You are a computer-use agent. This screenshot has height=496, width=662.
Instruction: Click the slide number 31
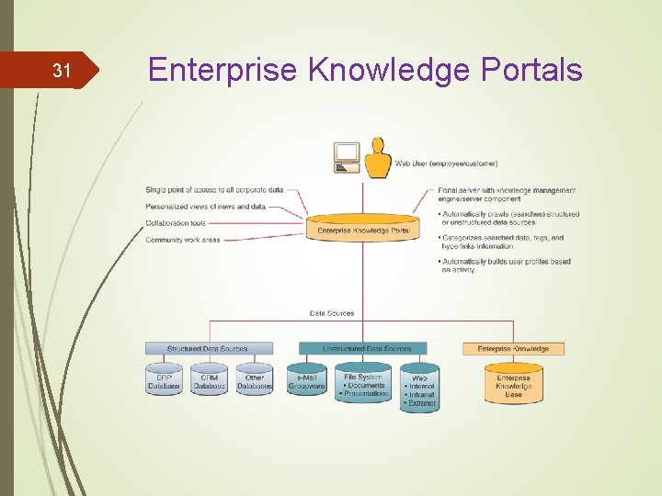tap(62, 71)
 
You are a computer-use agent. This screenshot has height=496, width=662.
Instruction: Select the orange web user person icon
tap(377, 159)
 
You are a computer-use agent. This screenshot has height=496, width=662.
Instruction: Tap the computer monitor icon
tap(347, 157)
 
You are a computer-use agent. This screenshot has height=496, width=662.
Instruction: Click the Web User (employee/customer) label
tap(446, 163)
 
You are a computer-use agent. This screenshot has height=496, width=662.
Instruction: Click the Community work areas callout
tap(182, 240)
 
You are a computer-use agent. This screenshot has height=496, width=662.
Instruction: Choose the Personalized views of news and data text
tap(205, 207)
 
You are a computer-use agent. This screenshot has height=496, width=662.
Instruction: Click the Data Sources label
tap(331, 313)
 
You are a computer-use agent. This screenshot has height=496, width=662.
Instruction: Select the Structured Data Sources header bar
tap(209, 349)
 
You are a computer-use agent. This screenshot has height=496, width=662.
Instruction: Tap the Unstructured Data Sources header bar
tap(361, 349)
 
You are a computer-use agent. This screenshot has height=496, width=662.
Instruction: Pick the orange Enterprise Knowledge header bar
tap(513, 349)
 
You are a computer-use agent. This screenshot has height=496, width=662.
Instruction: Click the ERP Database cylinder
tap(164, 381)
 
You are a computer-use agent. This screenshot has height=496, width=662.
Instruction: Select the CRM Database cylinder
tap(210, 381)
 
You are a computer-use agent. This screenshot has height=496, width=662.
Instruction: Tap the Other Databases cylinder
tap(255, 381)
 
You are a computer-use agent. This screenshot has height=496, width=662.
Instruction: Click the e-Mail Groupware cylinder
tap(306, 381)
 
